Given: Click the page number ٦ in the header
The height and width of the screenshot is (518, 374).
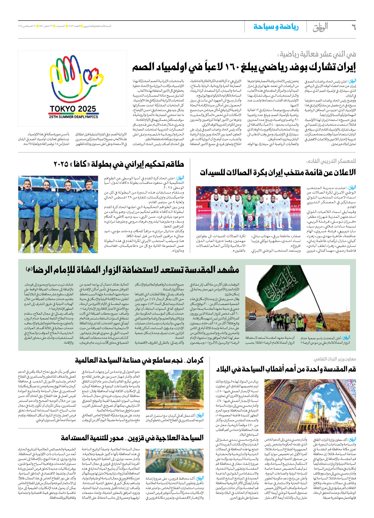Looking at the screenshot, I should (x=353, y=27).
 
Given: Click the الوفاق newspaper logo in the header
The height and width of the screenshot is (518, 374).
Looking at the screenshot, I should (x=320, y=27).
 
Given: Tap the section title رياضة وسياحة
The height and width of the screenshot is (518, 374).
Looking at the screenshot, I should (x=276, y=27).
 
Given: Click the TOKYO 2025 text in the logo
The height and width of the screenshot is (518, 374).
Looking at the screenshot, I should (x=73, y=109).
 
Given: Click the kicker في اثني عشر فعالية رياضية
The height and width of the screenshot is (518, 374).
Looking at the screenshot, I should (x=317, y=54).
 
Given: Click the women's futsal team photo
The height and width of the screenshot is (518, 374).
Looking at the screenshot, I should (x=248, y=208).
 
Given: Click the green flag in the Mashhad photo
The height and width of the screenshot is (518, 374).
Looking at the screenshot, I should (x=284, y=287).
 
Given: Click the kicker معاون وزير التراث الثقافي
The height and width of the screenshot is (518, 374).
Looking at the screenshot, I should (x=335, y=359).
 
